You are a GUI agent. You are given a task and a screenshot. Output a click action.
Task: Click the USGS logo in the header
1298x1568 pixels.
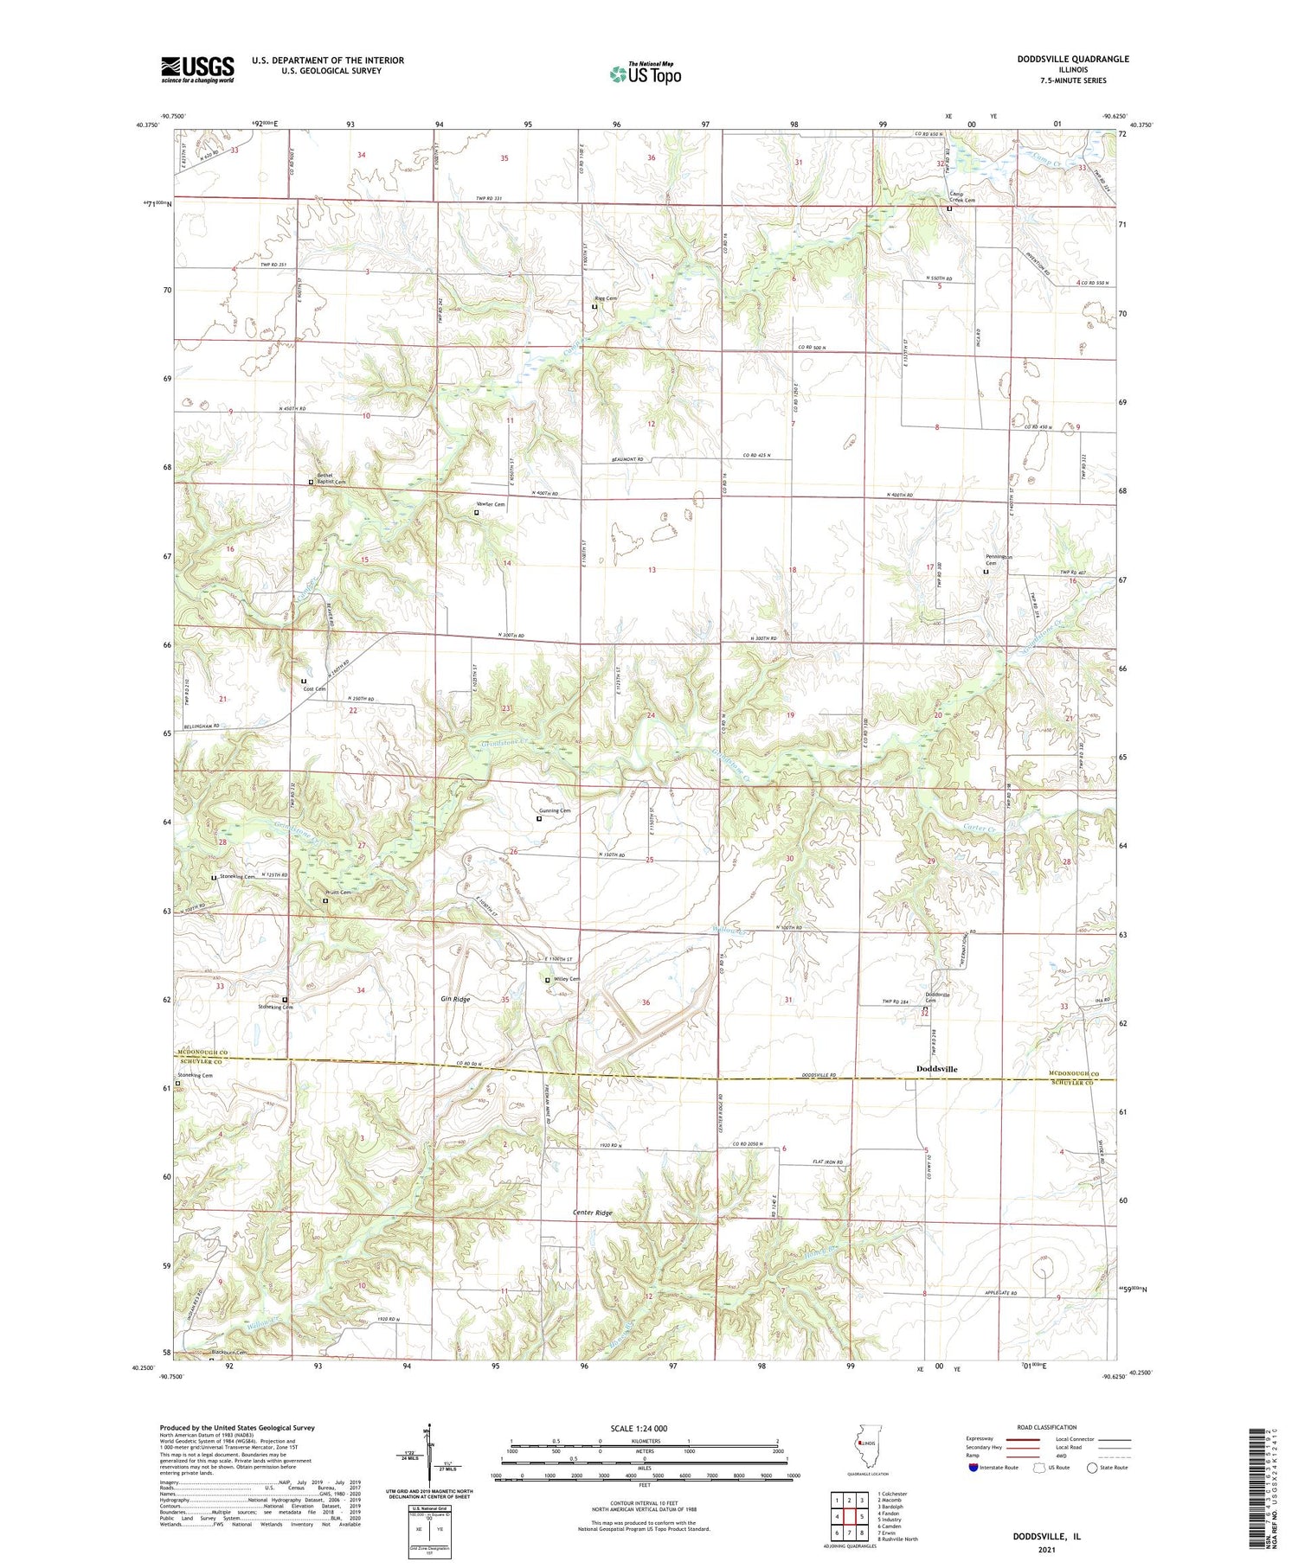pyautogui.click(x=197, y=69)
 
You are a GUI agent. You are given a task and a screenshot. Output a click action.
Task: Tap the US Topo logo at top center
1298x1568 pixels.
pyautogui.click(x=645, y=74)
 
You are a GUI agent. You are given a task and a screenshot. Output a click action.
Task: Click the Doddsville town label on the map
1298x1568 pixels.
pyautogui.click(x=936, y=1069)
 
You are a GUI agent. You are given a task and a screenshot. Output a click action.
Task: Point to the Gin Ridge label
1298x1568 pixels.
pyautogui.click(x=455, y=999)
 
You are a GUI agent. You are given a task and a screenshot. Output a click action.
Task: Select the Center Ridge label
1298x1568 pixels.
pyautogui.click(x=593, y=1213)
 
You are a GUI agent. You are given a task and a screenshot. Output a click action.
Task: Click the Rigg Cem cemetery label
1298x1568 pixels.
pyautogui.click(x=606, y=298)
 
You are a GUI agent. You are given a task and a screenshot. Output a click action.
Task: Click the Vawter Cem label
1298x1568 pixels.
pyautogui.click(x=491, y=504)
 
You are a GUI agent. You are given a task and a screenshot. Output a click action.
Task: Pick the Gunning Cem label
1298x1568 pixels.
pyautogui.click(x=554, y=810)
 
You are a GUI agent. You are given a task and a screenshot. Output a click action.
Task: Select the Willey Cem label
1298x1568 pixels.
pyautogui.click(x=566, y=979)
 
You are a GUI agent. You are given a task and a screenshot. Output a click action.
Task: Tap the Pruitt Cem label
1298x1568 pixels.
pyautogui.click(x=338, y=893)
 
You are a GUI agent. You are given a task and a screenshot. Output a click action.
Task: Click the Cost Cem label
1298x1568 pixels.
pyautogui.click(x=314, y=688)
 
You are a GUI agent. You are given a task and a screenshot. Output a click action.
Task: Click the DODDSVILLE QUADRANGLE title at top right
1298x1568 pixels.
pyautogui.click(x=1073, y=59)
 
